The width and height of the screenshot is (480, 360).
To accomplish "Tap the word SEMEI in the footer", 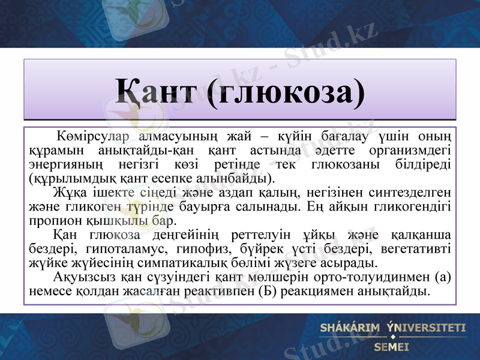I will pos(391,347).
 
